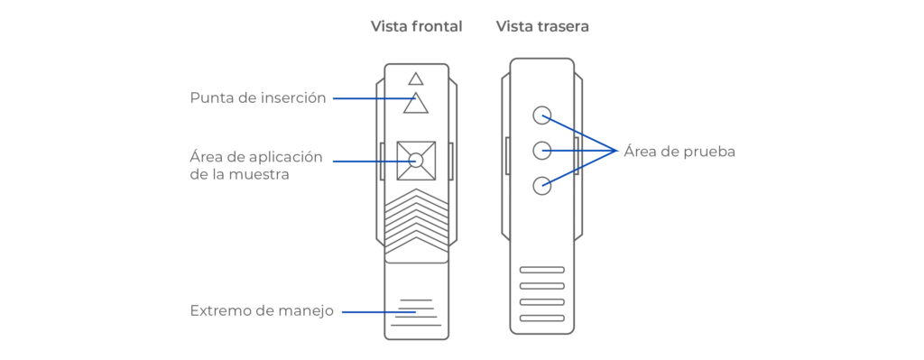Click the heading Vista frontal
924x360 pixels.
[416, 26]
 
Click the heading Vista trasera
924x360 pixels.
[542, 26]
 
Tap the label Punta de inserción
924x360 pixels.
[257, 98]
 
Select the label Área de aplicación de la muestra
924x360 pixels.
[256, 166]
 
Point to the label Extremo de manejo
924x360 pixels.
[262, 311]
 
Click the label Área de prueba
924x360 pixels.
[679, 152]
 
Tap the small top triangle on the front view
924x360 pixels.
[416, 79]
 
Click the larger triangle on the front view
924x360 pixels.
[416, 103]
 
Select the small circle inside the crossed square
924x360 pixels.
[416, 160]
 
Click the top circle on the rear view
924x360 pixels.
[541, 115]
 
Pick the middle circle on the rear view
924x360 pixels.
[541, 151]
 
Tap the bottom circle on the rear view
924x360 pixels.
[541, 186]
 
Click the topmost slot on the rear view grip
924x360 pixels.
[542, 270]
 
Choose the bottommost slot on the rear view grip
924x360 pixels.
[542, 318]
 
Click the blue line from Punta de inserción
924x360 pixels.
[374, 98]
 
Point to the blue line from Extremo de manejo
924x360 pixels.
[380, 311]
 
